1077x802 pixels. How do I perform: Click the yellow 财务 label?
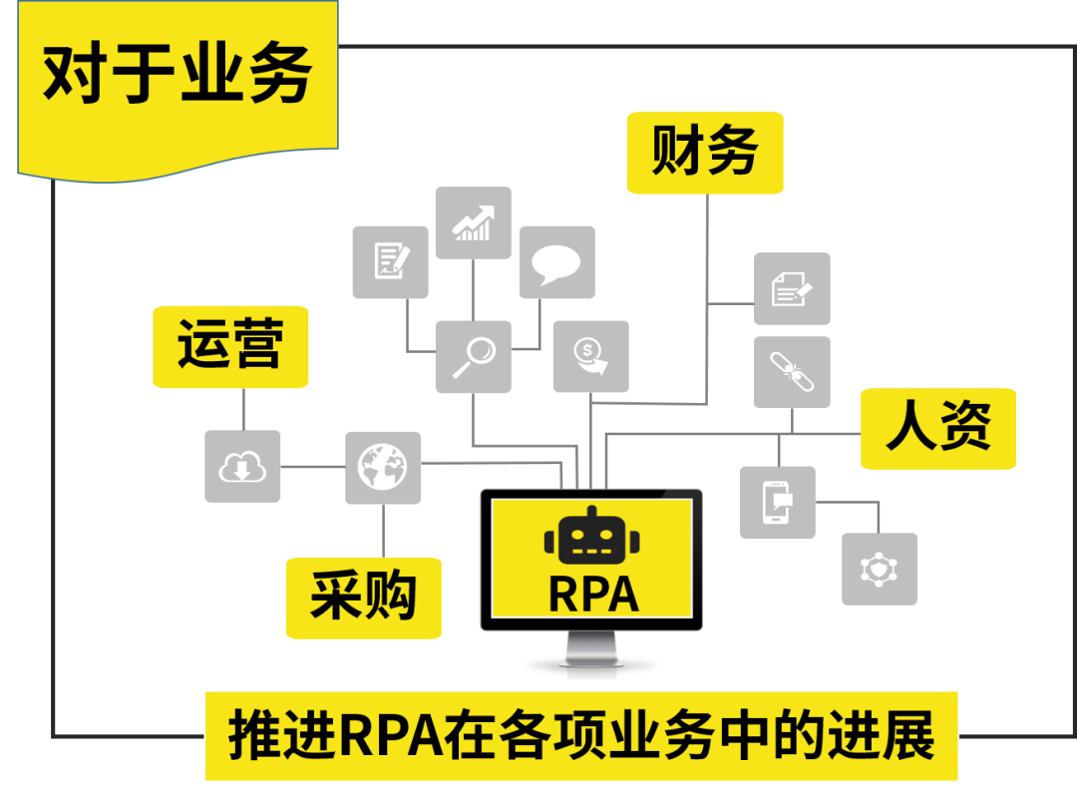705,153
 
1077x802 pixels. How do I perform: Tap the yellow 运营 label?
230,346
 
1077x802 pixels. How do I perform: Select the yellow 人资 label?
937,429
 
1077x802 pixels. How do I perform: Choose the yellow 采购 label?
363,598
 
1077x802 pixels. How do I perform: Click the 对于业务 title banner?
178,75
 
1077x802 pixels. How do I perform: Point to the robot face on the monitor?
591,539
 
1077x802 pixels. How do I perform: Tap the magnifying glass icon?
473,356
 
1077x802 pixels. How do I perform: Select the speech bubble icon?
556,261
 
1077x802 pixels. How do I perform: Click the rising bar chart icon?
473,222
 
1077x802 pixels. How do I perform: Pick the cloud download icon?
242,466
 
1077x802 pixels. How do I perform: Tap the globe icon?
383,467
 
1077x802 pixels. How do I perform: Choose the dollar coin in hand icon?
590,356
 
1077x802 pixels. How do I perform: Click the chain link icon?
792,372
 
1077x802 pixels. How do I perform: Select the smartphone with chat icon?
777,503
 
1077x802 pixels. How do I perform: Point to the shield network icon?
880,569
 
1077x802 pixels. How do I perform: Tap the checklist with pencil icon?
390,261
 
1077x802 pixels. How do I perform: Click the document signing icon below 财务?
792,288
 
